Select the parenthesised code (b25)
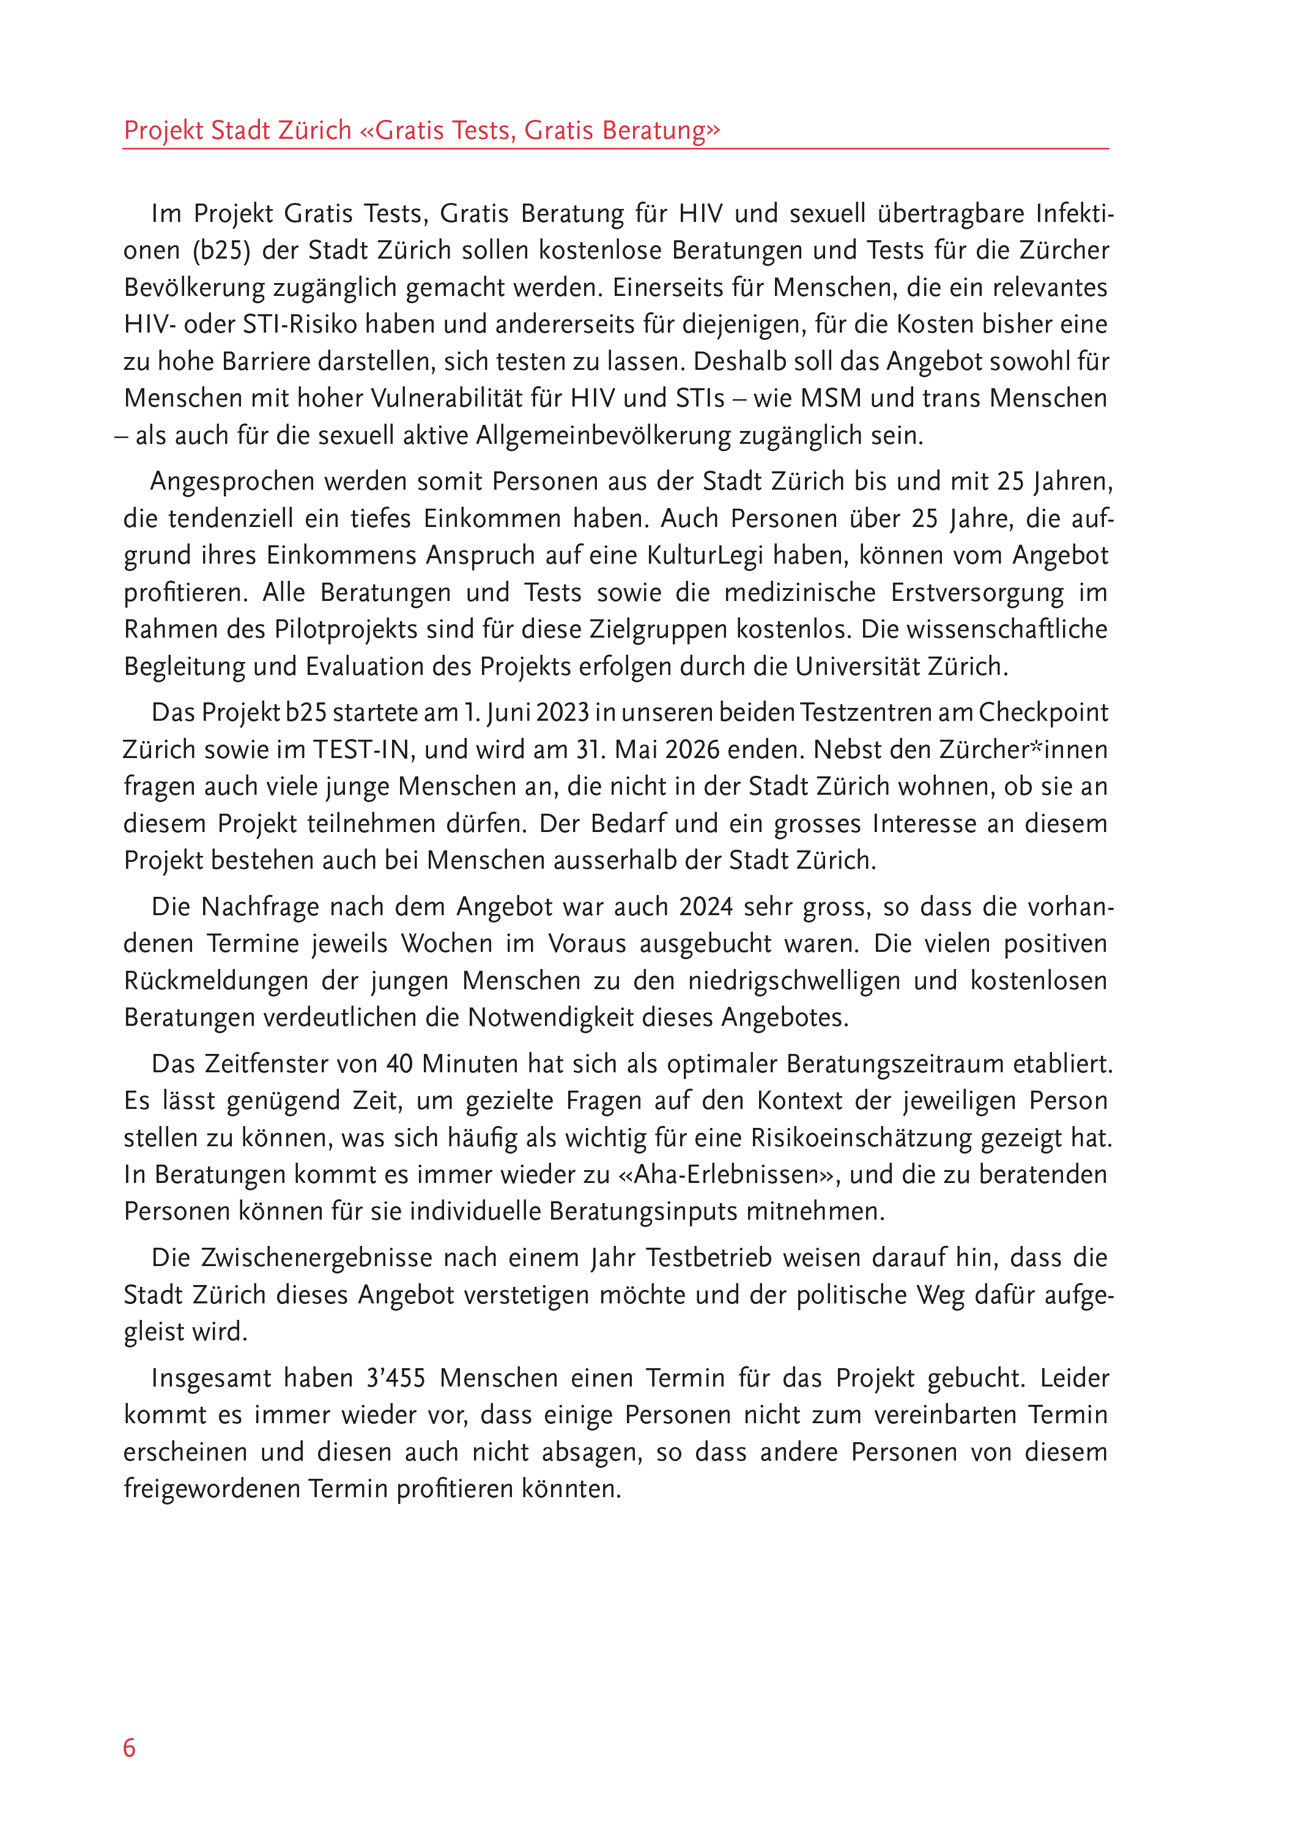click(221, 251)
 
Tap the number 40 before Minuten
click(399, 1064)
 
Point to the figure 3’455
click(396, 1378)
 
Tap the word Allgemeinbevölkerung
click(601, 435)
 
